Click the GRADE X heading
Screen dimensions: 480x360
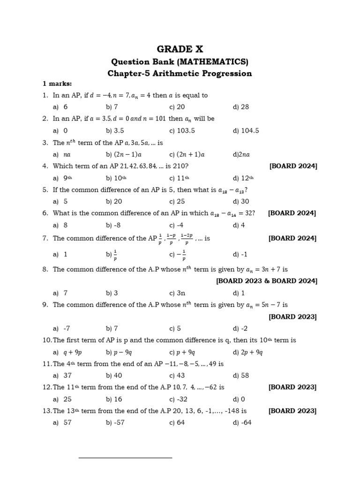(x=180, y=49)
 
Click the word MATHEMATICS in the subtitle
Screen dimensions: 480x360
(x=217, y=61)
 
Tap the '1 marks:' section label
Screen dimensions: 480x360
(x=57, y=84)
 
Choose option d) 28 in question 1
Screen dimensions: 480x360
(x=241, y=107)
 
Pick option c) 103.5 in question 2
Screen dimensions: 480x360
(x=182, y=131)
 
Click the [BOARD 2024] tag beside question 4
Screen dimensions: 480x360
(x=293, y=166)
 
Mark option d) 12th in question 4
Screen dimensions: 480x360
(x=243, y=178)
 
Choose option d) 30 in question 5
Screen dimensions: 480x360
(x=241, y=202)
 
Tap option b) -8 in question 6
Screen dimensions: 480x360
(x=114, y=225)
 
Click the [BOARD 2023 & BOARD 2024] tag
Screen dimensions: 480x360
(x=266, y=281)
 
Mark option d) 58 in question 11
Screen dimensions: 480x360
(x=241, y=375)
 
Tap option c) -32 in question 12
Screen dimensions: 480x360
(x=179, y=399)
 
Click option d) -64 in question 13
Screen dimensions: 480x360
(x=242, y=423)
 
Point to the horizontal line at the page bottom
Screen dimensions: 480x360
(x=125, y=457)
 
